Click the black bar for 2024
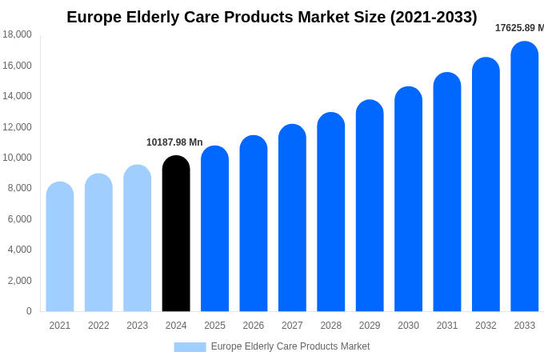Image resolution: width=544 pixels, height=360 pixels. tap(176, 234)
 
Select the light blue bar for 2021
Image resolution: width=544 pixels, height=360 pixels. tap(60, 246)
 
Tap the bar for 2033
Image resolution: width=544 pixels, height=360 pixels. tap(525, 176)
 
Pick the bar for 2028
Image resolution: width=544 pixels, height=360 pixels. tap(331, 212)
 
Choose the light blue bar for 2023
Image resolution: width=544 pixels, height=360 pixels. tap(138, 238)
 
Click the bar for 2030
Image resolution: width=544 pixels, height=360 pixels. tap(408, 199)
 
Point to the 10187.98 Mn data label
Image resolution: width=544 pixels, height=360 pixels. tap(174, 142)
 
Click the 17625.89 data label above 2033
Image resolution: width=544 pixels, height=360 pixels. tap(518, 28)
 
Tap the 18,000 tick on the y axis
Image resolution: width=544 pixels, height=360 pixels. tap(17, 34)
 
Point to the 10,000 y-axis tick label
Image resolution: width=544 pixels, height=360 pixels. tap(17, 158)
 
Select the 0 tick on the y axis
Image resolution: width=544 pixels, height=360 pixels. tap(29, 311)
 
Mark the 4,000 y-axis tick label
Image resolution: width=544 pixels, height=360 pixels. tap(19, 250)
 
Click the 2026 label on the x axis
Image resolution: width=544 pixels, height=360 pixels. tap(254, 326)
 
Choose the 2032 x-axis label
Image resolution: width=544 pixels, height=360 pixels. tap(486, 326)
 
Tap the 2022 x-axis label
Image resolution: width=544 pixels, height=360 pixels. tap(98, 326)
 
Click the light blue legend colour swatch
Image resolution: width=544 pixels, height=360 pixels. tap(190, 347)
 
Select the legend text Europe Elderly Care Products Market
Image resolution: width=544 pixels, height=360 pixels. tap(290, 346)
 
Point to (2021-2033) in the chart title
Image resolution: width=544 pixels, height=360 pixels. tap(434, 17)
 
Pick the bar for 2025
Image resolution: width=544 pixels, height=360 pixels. tap(214, 229)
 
